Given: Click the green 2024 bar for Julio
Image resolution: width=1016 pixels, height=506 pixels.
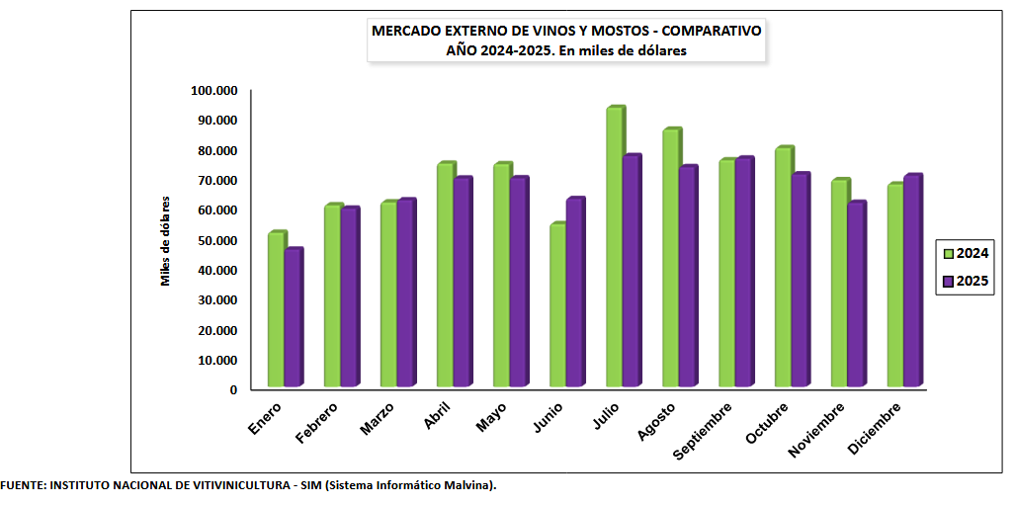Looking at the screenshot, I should (x=614, y=247).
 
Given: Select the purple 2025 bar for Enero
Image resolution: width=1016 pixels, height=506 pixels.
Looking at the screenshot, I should (x=292, y=318).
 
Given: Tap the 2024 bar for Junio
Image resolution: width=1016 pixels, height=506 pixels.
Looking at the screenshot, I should (x=557, y=305).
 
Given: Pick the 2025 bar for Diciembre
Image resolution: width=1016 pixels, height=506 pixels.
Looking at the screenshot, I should (x=912, y=281).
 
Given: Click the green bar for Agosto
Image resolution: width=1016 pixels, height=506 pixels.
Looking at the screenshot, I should (x=670, y=258).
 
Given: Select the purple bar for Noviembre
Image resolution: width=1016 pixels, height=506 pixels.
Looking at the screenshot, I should (x=856, y=295).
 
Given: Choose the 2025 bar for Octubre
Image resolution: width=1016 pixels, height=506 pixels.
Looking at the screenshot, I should (x=800, y=281).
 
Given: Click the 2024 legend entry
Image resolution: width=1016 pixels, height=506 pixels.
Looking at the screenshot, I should (x=964, y=253).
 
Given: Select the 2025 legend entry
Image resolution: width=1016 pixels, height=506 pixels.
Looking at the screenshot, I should (x=964, y=281).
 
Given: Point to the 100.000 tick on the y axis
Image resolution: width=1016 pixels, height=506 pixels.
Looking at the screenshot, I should (x=214, y=91).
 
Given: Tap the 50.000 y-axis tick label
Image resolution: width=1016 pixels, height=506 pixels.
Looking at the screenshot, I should (x=217, y=240).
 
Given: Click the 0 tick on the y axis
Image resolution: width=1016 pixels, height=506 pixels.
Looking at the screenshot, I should (x=233, y=389).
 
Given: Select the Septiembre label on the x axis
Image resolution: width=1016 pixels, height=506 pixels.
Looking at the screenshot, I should (x=703, y=431).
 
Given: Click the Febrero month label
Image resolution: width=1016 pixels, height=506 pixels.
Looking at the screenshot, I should (x=315, y=420).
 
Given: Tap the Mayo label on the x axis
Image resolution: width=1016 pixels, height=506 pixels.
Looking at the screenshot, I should (x=491, y=416).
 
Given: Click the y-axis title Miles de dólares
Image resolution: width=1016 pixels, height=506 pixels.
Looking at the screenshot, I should (x=166, y=240).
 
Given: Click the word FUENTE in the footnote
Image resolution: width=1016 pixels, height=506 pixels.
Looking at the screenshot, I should (x=21, y=485).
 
